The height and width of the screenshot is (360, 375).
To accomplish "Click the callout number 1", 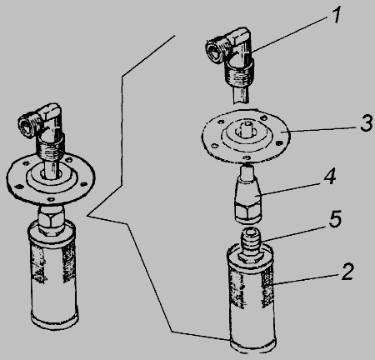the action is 337,15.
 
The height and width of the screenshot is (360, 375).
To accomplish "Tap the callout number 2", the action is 347,271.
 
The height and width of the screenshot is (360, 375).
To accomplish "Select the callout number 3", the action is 367,122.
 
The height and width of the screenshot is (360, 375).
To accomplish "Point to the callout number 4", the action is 330,176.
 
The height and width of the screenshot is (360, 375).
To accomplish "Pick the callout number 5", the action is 335,218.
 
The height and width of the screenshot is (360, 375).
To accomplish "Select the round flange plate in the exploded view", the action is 246,134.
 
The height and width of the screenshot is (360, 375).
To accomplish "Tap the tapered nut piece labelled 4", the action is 248,193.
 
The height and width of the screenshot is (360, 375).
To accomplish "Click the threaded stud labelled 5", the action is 250,244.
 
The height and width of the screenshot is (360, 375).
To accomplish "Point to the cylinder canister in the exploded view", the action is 251,298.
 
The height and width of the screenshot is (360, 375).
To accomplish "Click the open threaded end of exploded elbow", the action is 216,52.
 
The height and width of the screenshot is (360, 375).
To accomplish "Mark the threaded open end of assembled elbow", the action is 27,125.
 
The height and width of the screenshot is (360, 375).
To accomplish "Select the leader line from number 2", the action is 305,279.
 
